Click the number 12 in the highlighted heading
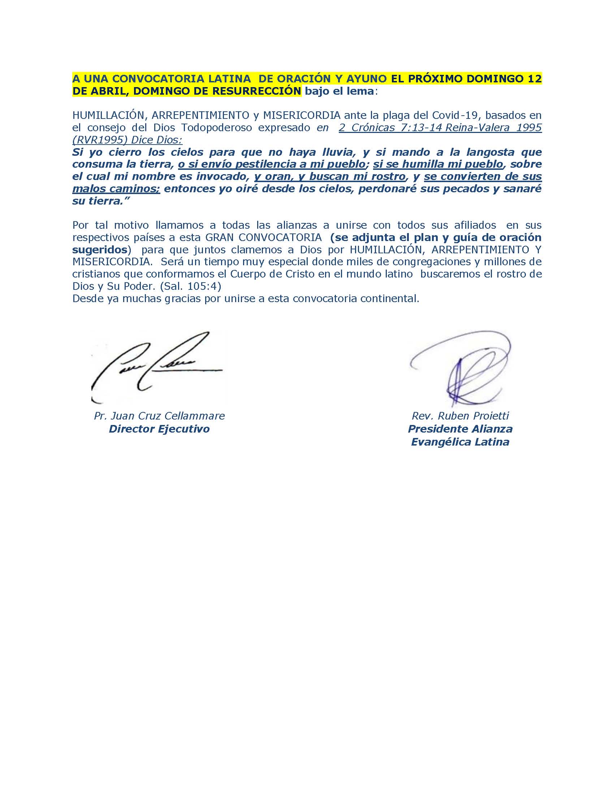pyautogui.click(x=534, y=79)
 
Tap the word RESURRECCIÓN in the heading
pyautogui.click(x=256, y=91)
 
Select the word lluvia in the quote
pyautogui.click(x=338, y=152)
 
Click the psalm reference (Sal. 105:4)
pyautogui.click(x=191, y=287)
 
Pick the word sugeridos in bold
pyautogui.click(x=100, y=250)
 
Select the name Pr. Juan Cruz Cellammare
pyautogui.click(x=159, y=416)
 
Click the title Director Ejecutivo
pyautogui.click(x=159, y=429)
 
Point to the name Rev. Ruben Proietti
pyautogui.click(x=460, y=416)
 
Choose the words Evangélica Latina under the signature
pyautogui.click(x=460, y=442)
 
